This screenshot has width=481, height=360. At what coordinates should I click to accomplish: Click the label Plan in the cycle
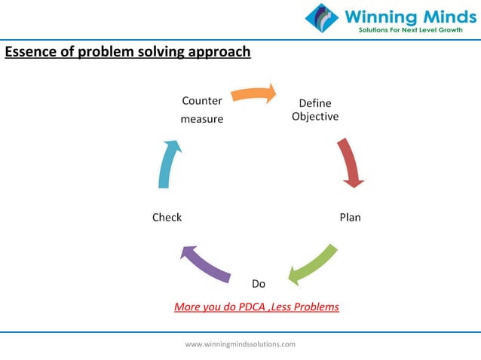click(350, 218)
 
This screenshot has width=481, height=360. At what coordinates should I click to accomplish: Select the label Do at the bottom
click(259, 284)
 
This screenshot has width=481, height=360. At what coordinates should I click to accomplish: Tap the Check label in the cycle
click(167, 218)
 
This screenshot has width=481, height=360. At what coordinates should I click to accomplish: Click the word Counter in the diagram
click(202, 101)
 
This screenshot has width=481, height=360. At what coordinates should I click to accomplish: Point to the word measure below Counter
click(202, 119)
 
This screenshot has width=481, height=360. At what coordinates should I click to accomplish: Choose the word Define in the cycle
click(315, 103)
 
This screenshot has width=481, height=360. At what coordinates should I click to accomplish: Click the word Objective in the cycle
click(315, 117)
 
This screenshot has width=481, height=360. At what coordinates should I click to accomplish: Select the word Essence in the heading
click(29, 53)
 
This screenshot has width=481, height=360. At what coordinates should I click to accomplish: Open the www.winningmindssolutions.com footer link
click(240, 344)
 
